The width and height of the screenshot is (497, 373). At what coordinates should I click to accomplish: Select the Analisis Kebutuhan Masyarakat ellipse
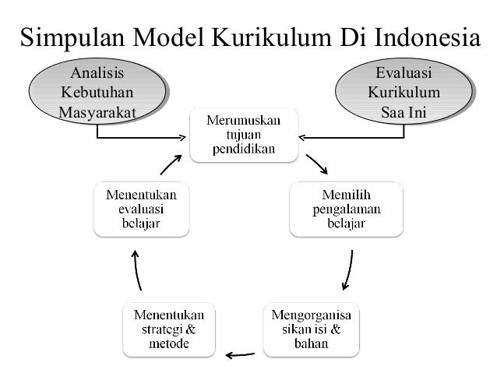tap(97, 93)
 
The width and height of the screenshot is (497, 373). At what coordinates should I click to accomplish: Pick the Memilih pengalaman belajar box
tap(347, 209)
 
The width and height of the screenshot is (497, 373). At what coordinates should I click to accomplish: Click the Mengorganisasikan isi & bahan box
tap(309, 329)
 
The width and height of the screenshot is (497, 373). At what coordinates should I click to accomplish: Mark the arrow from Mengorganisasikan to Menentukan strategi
tap(239, 356)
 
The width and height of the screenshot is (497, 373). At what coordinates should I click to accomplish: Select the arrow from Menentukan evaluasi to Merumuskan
tap(172, 162)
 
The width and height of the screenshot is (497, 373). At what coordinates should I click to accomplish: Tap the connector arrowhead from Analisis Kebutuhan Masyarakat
tap(184, 139)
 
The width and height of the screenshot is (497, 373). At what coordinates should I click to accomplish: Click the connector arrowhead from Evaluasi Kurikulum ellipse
tap(303, 139)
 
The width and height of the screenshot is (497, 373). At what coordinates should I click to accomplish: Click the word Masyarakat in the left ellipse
tap(97, 113)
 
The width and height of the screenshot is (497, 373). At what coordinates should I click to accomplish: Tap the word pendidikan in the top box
tap(244, 150)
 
